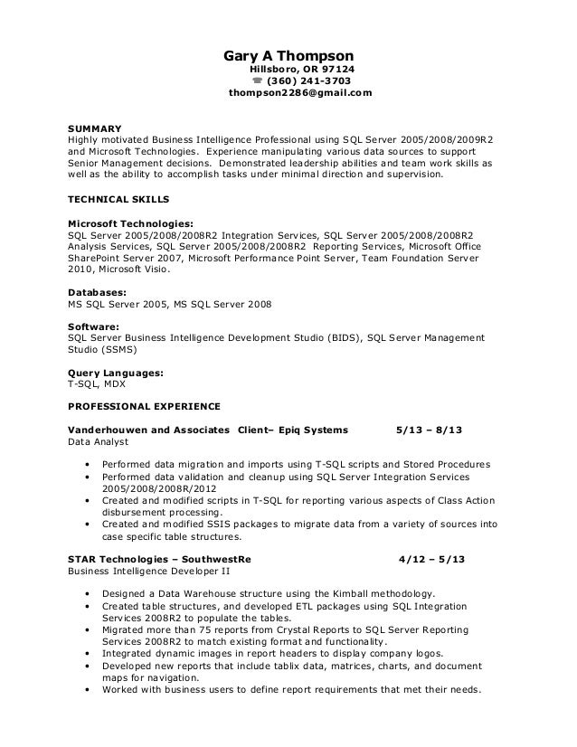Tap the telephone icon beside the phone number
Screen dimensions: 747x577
point(257,80)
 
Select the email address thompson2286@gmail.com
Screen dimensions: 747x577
point(300,93)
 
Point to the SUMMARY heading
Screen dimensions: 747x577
point(95,128)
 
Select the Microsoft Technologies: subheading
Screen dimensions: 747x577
point(130,222)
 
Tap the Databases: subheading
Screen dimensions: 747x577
point(97,292)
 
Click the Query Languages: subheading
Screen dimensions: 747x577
point(116,372)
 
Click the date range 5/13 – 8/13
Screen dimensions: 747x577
point(431,430)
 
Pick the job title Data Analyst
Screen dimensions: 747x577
point(99,442)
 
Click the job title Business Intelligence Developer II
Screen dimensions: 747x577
point(149,572)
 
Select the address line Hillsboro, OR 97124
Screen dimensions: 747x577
point(302,68)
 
